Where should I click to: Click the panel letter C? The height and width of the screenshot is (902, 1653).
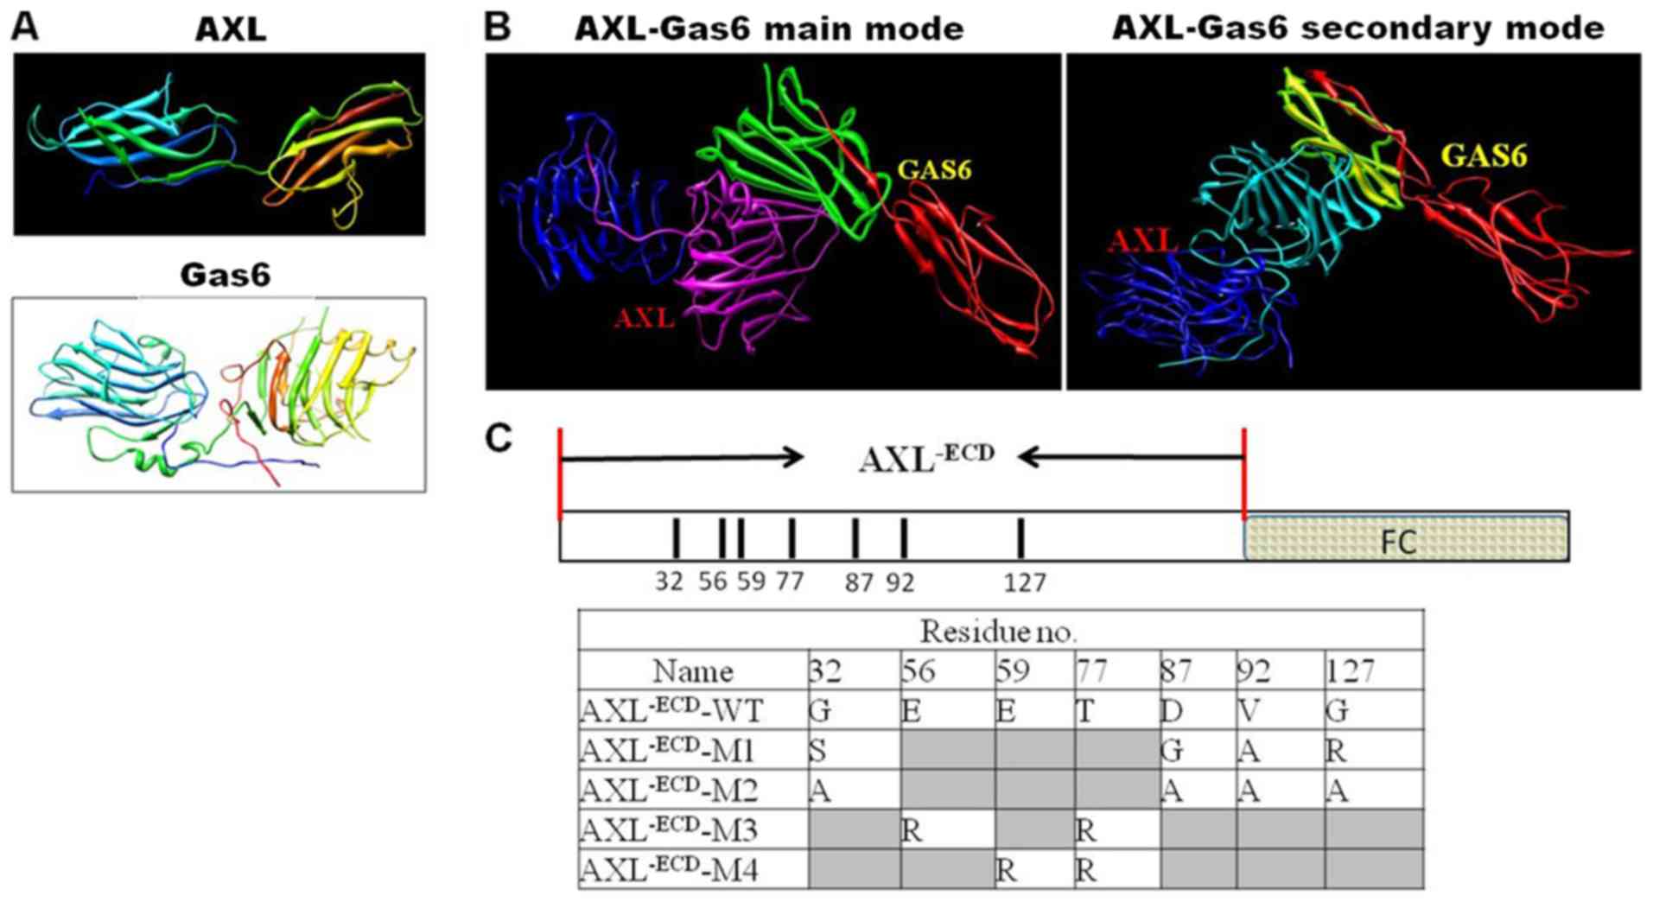pos(499,438)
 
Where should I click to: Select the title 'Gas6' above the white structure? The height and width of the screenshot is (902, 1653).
pos(225,275)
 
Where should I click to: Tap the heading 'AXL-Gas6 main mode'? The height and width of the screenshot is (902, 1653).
pos(768,29)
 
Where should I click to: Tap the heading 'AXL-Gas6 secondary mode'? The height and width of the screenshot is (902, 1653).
pos(1357,28)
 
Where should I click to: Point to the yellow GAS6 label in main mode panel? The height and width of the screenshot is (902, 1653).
pos(934,169)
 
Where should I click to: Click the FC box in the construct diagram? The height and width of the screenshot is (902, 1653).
pos(1406,537)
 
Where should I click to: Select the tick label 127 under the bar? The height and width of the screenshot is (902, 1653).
pos(1025,583)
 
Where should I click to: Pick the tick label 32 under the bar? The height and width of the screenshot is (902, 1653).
pos(669,581)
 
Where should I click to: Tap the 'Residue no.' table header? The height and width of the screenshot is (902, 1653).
pos(998,632)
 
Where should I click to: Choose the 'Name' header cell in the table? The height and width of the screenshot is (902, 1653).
pos(693,671)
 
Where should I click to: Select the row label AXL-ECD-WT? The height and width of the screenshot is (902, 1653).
pos(671,711)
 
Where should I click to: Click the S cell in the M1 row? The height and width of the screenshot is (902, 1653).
pos(817,751)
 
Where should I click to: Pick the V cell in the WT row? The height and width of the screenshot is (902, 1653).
pos(1249,711)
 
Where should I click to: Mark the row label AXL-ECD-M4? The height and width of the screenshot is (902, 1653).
pos(670,870)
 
